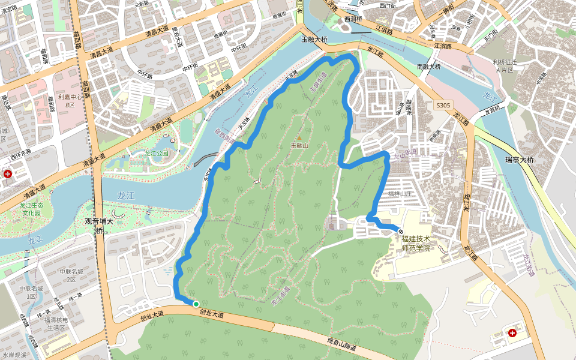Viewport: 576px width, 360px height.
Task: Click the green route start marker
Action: point(196,304)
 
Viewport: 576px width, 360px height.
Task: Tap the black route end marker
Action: point(401,232)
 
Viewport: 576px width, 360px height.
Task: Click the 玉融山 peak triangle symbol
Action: point(299,138)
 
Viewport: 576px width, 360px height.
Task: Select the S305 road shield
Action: point(443,105)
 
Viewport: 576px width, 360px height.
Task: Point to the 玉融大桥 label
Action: point(314,40)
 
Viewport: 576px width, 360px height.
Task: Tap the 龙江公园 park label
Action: point(157,153)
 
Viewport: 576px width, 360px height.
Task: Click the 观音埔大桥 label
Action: point(100,225)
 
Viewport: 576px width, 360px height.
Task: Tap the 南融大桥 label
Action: point(428,66)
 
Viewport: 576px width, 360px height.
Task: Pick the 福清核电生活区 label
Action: point(59,324)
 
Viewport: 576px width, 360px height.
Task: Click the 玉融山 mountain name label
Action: point(299,146)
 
